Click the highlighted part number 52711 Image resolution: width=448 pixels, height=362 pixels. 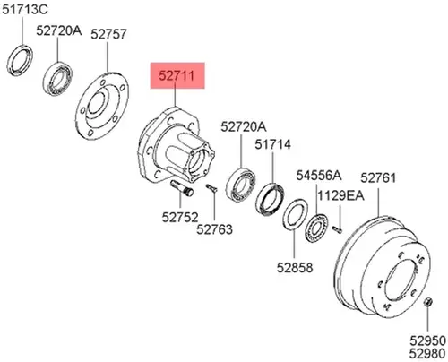[177, 75]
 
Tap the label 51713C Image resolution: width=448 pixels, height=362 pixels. [25, 10]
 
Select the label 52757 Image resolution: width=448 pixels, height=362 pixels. [108, 34]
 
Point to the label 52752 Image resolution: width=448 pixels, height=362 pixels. [180, 217]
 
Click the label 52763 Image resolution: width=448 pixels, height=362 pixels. [214, 229]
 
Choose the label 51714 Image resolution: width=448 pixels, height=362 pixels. [272, 144]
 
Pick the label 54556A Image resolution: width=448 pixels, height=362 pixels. [318, 176]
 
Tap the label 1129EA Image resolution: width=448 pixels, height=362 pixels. [340, 196]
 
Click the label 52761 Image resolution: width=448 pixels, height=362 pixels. [378, 178]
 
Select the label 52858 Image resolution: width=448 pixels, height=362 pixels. [295, 267]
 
